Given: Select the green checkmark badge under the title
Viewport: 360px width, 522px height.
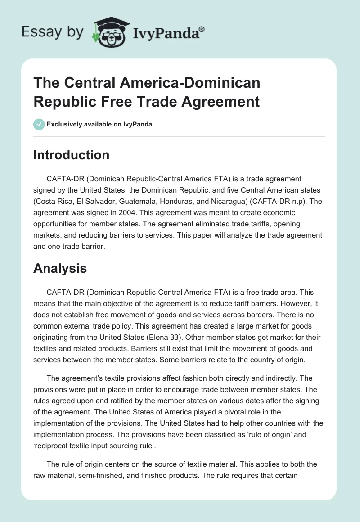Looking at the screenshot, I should click(39, 124).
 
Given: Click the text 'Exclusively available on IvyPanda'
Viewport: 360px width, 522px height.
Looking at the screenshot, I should click(99, 124).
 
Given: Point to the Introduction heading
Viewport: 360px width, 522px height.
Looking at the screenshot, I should click(72, 155).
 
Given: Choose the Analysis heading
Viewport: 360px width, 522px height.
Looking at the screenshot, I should click(60, 269).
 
